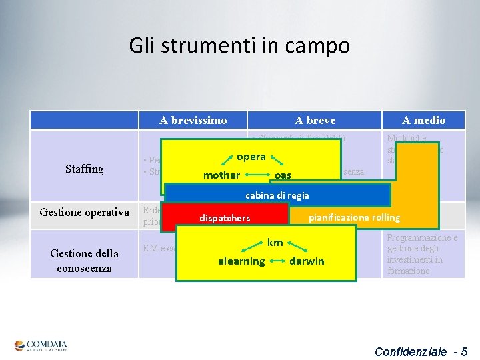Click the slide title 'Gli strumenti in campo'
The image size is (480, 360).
[x=239, y=45]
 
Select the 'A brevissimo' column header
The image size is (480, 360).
[x=193, y=120]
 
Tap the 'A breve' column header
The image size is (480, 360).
[x=315, y=120]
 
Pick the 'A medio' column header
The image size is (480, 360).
[x=423, y=120]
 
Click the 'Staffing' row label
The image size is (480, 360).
[x=85, y=169]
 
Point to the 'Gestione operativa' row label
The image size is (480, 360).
[x=85, y=213]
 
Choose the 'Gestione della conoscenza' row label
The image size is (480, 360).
[x=85, y=260]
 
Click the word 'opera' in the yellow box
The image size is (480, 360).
[x=251, y=157]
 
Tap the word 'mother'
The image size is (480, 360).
[x=221, y=175]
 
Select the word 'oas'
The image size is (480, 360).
[x=283, y=175]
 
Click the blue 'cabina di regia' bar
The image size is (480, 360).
[x=277, y=195]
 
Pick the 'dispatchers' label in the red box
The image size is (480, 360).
[x=225, y=218]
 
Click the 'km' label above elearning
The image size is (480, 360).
[x=275, y=242]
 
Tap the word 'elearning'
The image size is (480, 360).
[x=241, y=261]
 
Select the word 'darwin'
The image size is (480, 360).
[x=307, y=261]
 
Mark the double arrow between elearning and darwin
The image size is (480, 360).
[x=277, y=261]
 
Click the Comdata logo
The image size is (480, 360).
[x=41, y=345]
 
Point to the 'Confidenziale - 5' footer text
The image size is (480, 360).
[x=421, y=351]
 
